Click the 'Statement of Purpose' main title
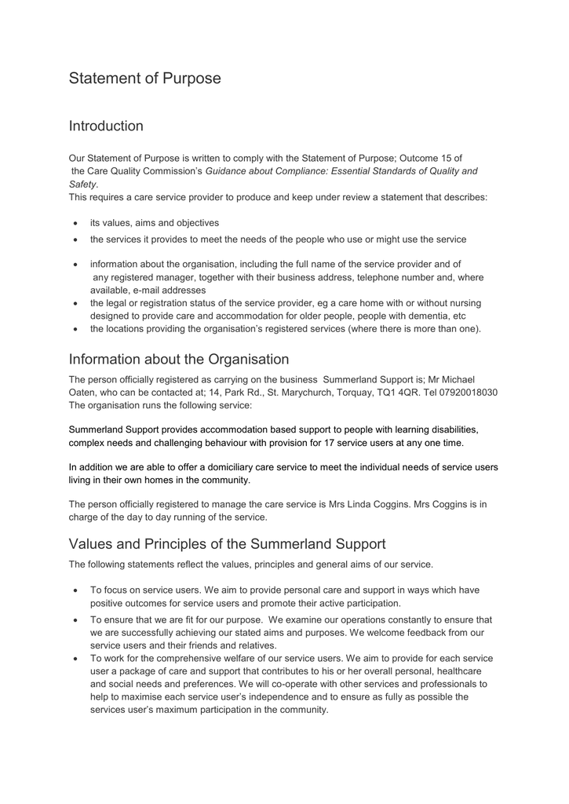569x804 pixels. click(144, 79)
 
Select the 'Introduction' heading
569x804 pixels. click(106, 126)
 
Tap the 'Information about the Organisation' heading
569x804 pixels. click(179, 360)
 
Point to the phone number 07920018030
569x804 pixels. click(467, 393)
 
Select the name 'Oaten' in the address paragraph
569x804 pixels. click(84, 393)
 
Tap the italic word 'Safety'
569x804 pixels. click(82, 185)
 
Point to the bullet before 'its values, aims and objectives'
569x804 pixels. click(75, 223)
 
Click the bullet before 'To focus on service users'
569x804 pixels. click(75, 590)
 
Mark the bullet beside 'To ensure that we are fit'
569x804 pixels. click(75, 620)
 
